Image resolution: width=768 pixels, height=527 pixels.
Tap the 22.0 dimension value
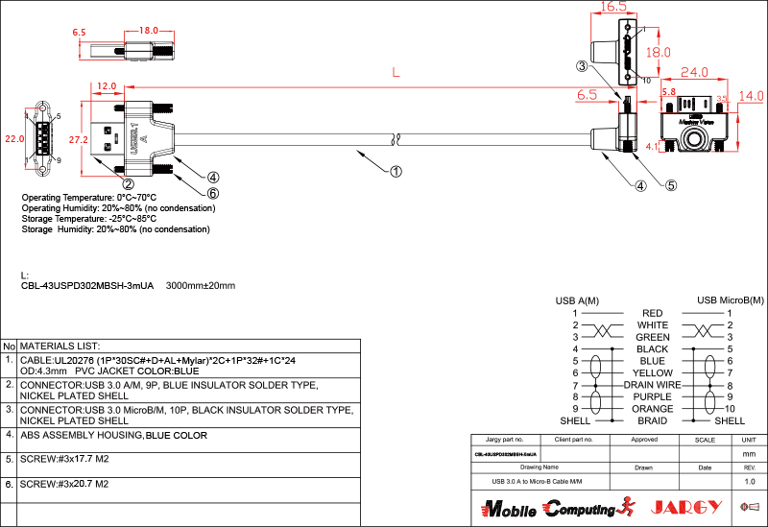(x=13, y=139)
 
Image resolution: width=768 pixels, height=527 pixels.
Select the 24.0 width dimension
(x=694, y=72)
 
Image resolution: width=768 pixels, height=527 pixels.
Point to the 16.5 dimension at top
(x=614, y=7)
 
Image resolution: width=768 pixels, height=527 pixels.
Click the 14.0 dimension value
(x=751, y=96)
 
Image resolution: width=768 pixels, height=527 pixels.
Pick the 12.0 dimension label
(x=107, y=86)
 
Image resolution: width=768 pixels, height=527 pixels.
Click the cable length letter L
(x=396, y=72)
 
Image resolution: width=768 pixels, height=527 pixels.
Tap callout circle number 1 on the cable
(x=396, y=173)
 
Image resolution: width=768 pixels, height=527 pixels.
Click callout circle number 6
(x=213, y=193)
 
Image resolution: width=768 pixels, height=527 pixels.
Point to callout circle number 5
(x=671, y=185)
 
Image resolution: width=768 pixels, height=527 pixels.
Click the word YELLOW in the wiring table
(x=653, y=372)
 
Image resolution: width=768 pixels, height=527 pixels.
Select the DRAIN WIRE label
(x=652, y=385)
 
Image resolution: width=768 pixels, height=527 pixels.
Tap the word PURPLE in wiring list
(x=653, y=396)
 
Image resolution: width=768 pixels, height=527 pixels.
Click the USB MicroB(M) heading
(x=731, y=300)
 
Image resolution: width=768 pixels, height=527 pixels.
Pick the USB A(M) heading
(x=577, y=300)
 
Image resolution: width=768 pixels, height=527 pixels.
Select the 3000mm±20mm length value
(x=201, y=285)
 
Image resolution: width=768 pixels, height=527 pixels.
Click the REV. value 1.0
(x=750, y=481)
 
